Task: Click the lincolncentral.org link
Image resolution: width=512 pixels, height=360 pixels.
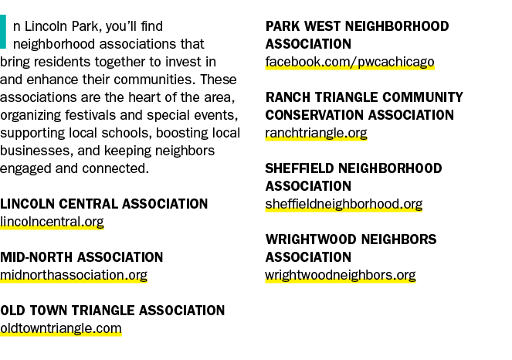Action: [x=52, y=222]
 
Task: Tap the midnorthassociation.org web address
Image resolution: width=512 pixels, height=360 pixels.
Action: [x=73, y=275]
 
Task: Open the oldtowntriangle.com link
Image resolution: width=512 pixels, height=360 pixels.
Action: [x=61, y=328]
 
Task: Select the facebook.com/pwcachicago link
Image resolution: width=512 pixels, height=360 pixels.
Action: [x=350, y=63]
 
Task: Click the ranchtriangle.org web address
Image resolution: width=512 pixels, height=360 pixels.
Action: [x=316, y=134]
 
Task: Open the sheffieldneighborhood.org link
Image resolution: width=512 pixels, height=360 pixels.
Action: [x=344, y=204]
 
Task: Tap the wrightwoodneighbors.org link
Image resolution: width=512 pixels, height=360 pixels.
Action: [x=341, y=275]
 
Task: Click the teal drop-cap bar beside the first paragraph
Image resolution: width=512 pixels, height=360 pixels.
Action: [x=3, y=32]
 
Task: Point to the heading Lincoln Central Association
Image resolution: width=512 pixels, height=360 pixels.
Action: [x=103, y=204]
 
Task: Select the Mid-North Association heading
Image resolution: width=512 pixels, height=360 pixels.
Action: [x=82, y=257]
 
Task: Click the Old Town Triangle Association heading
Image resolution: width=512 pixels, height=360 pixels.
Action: [x=112, y=311]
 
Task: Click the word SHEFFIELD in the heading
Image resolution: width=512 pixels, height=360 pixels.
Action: [x=300, y=168]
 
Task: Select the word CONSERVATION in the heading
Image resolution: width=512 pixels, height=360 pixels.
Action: [x=314, y=115]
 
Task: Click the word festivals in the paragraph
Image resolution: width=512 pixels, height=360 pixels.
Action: [x=90, y=115]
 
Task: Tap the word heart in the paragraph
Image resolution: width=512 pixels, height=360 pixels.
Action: [x=142, y=97]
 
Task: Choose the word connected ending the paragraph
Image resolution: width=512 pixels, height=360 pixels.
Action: [x=115, y=168]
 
